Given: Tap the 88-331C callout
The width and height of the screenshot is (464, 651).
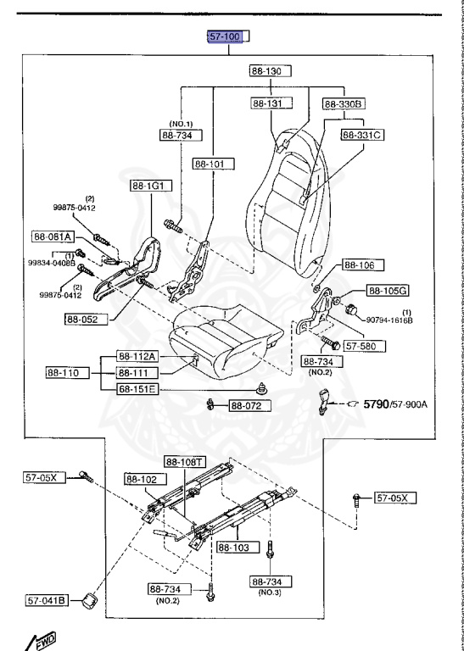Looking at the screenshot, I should click(x=361, y=134).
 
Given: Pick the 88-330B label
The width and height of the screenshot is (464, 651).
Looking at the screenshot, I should click(x=343, y=103).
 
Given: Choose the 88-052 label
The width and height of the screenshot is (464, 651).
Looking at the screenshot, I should click(x=81, y=319).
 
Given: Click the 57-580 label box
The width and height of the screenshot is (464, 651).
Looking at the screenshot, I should click(x=364, y=346).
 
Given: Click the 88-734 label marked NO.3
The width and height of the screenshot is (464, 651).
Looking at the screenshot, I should click(x=271, y=581).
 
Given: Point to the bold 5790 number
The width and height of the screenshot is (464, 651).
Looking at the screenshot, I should click(x=379, y=404).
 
